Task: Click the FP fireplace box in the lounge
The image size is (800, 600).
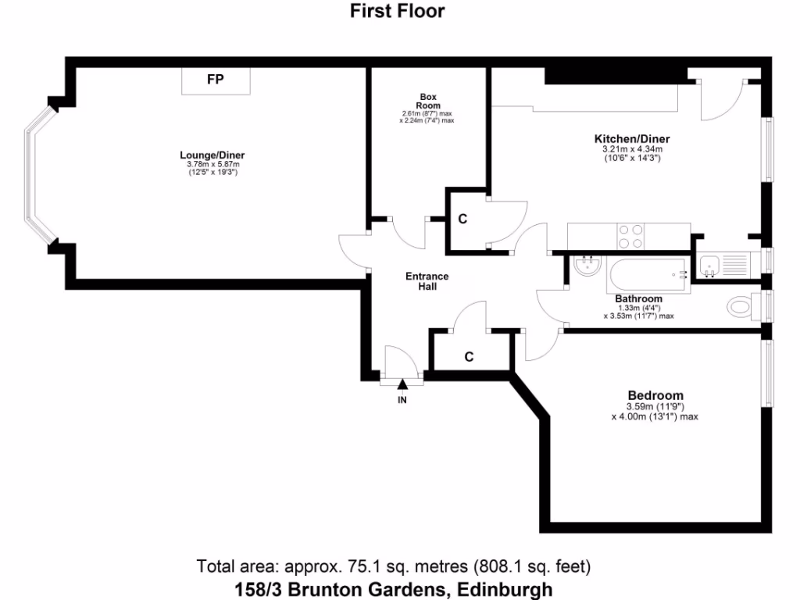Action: [216, 80]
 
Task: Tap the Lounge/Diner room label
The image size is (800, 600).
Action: [212, 155]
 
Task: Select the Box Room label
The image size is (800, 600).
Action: [427, 101]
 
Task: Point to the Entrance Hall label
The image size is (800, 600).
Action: [427, 281]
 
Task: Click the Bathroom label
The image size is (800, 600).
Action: [638, 298]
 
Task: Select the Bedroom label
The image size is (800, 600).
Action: [655, 395]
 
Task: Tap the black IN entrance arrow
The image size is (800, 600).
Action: [402, 384]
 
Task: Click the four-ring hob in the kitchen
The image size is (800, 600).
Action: [631, 236]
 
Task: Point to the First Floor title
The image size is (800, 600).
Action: [397, 11]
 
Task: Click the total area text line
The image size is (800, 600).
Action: [394, 566]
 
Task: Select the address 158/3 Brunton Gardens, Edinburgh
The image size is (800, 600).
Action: [394, 589]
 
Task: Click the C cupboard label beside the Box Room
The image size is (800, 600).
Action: [462, 220]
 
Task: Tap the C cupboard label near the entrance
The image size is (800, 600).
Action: [469, 357]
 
